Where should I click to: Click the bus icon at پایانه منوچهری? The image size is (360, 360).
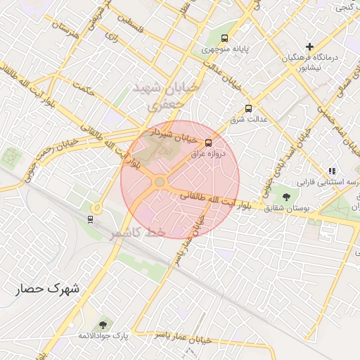[224, 38]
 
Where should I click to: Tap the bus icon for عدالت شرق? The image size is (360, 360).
[248, 108]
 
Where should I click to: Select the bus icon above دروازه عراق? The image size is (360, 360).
[207, 143]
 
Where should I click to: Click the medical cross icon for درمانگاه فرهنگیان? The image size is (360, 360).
[309, 46]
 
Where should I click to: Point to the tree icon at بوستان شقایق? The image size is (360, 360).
[285, 196]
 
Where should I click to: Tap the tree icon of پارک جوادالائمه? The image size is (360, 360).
[103, 324]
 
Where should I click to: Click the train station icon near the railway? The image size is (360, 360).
[90, 219]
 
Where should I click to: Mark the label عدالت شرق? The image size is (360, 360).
[251, 120]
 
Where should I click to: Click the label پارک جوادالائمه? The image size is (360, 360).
[103, 336]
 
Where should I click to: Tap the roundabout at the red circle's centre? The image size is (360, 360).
[160, 182]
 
